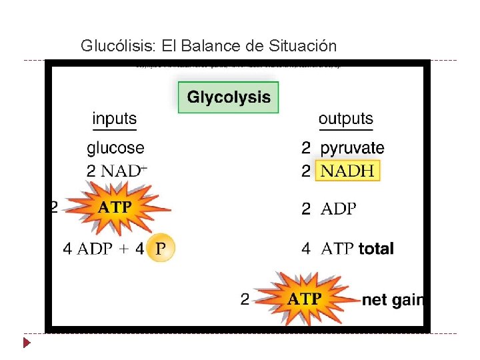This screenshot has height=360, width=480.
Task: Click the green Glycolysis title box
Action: (228, 97)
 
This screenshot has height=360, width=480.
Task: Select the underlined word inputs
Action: (114, 119)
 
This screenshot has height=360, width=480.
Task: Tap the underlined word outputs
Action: (345, 119)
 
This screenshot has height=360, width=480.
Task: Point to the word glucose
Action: (115, 147)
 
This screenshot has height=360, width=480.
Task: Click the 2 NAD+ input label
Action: (117, 170)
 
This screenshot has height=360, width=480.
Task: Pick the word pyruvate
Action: (352, 147)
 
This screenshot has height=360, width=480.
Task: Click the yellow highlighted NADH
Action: (347, 171)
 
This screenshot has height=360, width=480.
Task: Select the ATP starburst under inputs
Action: (115, 206)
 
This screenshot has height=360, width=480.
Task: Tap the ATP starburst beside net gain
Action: (304, 299)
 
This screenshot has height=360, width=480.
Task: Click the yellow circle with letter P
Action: (159, 249)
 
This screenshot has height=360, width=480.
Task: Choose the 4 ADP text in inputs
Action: (87, 249)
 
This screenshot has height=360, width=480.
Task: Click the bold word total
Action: (376, 249)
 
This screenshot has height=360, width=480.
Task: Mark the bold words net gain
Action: (392, 300)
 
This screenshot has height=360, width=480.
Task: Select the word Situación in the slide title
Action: (303, 46)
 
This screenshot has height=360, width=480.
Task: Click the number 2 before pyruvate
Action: (306, 147)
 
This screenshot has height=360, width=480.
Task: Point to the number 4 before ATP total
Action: (306, 249)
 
